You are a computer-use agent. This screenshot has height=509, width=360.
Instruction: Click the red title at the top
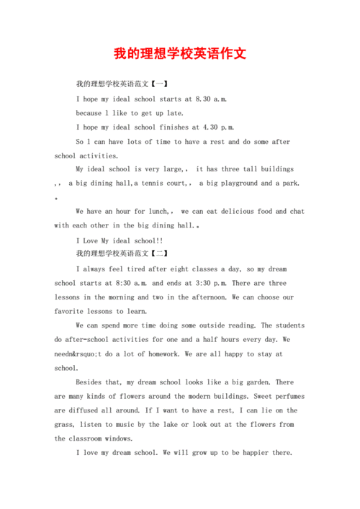(180, 54)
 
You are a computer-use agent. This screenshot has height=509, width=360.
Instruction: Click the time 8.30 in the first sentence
(204, 99)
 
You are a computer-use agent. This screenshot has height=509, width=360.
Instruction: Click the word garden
(254, 382)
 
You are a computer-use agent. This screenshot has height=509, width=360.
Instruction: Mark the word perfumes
(274, 396)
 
